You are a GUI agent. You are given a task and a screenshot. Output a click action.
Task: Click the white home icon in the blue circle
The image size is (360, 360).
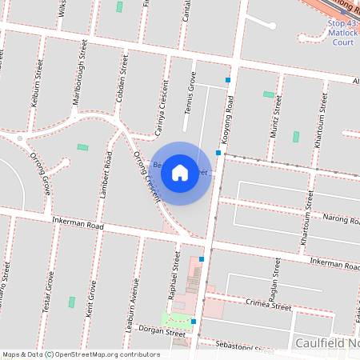pyautogui.click(x=180, y=172)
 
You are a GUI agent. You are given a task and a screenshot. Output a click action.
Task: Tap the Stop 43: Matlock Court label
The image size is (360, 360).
pyautogui.click(x=343, y=33)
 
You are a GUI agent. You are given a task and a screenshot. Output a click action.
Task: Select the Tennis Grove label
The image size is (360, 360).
pyautogui.click(x=191, y=95)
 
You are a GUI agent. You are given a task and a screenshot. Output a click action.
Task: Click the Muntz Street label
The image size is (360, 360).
pyautogui.click(x=277, y=117)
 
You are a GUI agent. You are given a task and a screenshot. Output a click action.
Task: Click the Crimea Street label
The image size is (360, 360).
pyautogui.click(x=269, y=305)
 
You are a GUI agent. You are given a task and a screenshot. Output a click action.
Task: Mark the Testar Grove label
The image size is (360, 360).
pyautogui.click(x=50, y=292)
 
